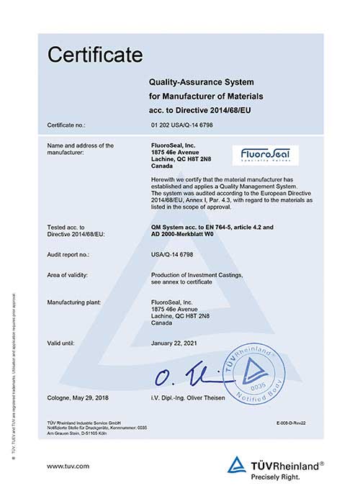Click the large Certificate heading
[96, 54]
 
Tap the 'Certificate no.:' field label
[69, 125]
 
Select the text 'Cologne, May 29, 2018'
[78, 399]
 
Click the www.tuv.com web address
[68, 467]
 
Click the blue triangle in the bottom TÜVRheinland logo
[236, 465]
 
